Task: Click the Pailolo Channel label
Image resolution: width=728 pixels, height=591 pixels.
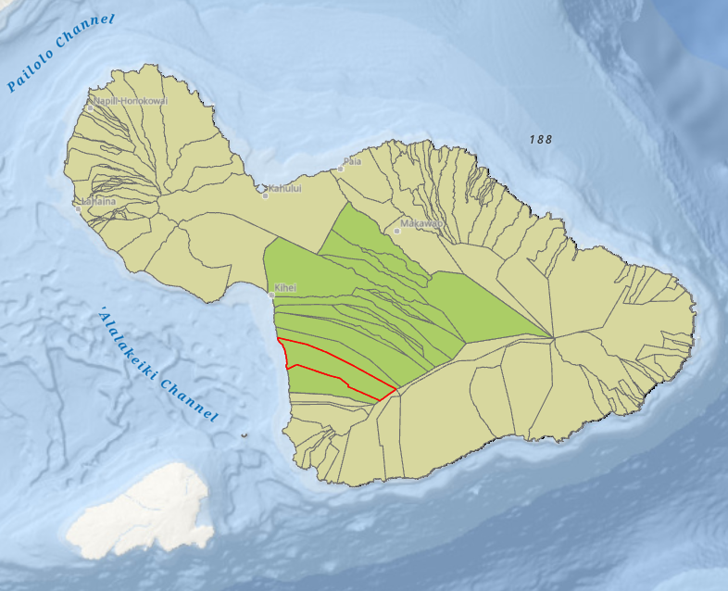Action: click(x=60, y=52)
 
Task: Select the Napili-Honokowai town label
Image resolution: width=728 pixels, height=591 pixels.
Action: click(x=131, y=100)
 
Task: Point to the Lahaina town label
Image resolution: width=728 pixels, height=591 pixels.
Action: click(x=97, y=201)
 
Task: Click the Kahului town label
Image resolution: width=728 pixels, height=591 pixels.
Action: click(x=285, y=188)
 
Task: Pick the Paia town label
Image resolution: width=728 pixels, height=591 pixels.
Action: click(x=352, y=161)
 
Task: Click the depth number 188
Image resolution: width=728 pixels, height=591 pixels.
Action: click(x=541, y=140)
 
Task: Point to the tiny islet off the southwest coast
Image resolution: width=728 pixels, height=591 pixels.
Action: click(x=244, y=434)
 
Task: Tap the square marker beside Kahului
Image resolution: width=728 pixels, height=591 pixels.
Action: click(x=265, y=195)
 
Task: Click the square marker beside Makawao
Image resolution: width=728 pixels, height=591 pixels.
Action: click(x=397, y=231)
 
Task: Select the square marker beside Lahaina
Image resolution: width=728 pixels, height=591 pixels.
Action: click(x=78, y=208)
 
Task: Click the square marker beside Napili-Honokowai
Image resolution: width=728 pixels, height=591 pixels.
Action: click(x=89, y=107)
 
